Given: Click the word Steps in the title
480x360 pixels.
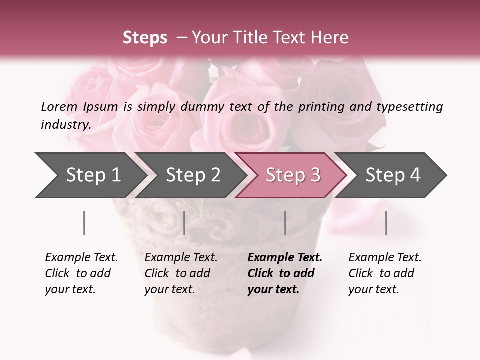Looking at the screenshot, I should [145, 38].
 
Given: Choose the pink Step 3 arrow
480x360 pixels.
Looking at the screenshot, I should [293, 175].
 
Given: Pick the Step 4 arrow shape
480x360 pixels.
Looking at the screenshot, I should [393, 175].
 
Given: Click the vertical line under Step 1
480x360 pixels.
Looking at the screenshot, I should [84, 223].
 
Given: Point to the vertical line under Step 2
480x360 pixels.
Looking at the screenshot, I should [184, 223].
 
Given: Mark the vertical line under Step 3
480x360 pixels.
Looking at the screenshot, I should [285, 223].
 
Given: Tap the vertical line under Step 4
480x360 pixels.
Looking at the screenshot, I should [386, 223].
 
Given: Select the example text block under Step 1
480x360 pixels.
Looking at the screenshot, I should [81, 273].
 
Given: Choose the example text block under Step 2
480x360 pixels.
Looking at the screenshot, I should [181, 273].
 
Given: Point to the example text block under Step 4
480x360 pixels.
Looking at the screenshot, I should [385, 273].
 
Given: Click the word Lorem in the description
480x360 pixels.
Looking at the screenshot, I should [59, 106].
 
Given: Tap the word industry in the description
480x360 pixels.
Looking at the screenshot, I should [66, 124].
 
